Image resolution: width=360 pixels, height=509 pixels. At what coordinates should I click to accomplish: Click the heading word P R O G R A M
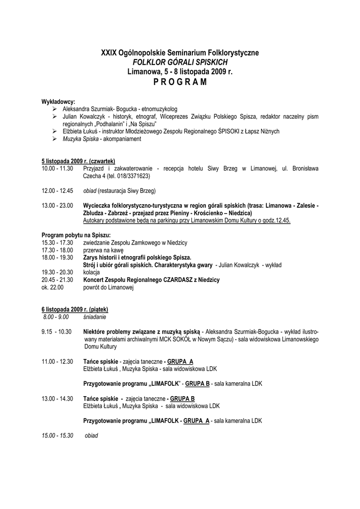coord(180,82)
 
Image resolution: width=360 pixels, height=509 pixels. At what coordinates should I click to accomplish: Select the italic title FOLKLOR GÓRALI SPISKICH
coord(180,62)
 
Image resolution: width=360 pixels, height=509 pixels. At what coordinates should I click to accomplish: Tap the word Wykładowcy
coord(58,102)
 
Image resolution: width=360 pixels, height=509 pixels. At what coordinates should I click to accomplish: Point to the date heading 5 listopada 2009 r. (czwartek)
coord(78,162)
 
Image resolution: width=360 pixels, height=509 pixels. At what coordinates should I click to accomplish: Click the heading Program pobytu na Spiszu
coord(76,235)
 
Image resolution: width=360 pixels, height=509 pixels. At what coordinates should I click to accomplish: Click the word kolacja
coord(91,272)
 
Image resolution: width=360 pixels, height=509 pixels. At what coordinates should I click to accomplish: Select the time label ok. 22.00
coord(53,287)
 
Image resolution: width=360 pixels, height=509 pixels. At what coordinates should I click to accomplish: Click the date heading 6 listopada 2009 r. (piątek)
coord(75,309)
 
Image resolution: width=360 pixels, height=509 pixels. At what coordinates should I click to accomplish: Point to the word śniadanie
coord(94,317)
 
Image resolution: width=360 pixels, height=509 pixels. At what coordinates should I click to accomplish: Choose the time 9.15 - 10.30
coord(57,332)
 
